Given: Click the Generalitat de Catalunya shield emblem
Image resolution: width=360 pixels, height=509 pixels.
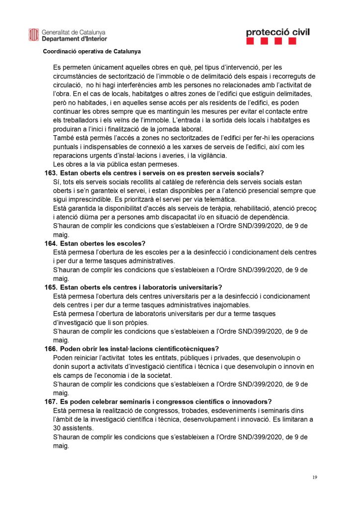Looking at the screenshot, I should point(34,35).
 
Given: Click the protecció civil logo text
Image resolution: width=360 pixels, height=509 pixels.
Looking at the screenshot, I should point(277,32).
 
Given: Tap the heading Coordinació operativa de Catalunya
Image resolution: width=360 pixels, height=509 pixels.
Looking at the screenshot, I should point(91,51).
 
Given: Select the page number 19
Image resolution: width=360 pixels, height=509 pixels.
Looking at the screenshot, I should point(315,477).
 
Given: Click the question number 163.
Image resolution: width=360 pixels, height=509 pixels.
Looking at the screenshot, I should point(51,173).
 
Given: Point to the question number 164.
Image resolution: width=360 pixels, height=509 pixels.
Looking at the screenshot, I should point(51,243).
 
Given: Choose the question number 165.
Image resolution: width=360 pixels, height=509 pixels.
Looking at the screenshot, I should point(51,287).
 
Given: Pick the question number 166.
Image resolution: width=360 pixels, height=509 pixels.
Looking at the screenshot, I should point(51,348).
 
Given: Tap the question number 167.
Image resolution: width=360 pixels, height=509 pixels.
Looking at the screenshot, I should point(51,401).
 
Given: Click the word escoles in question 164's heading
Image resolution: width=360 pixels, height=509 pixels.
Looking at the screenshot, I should point(130,243).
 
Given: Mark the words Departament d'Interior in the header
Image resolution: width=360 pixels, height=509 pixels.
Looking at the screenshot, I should point(74,38).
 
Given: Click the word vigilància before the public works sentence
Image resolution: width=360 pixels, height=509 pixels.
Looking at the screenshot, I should point(205,155).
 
